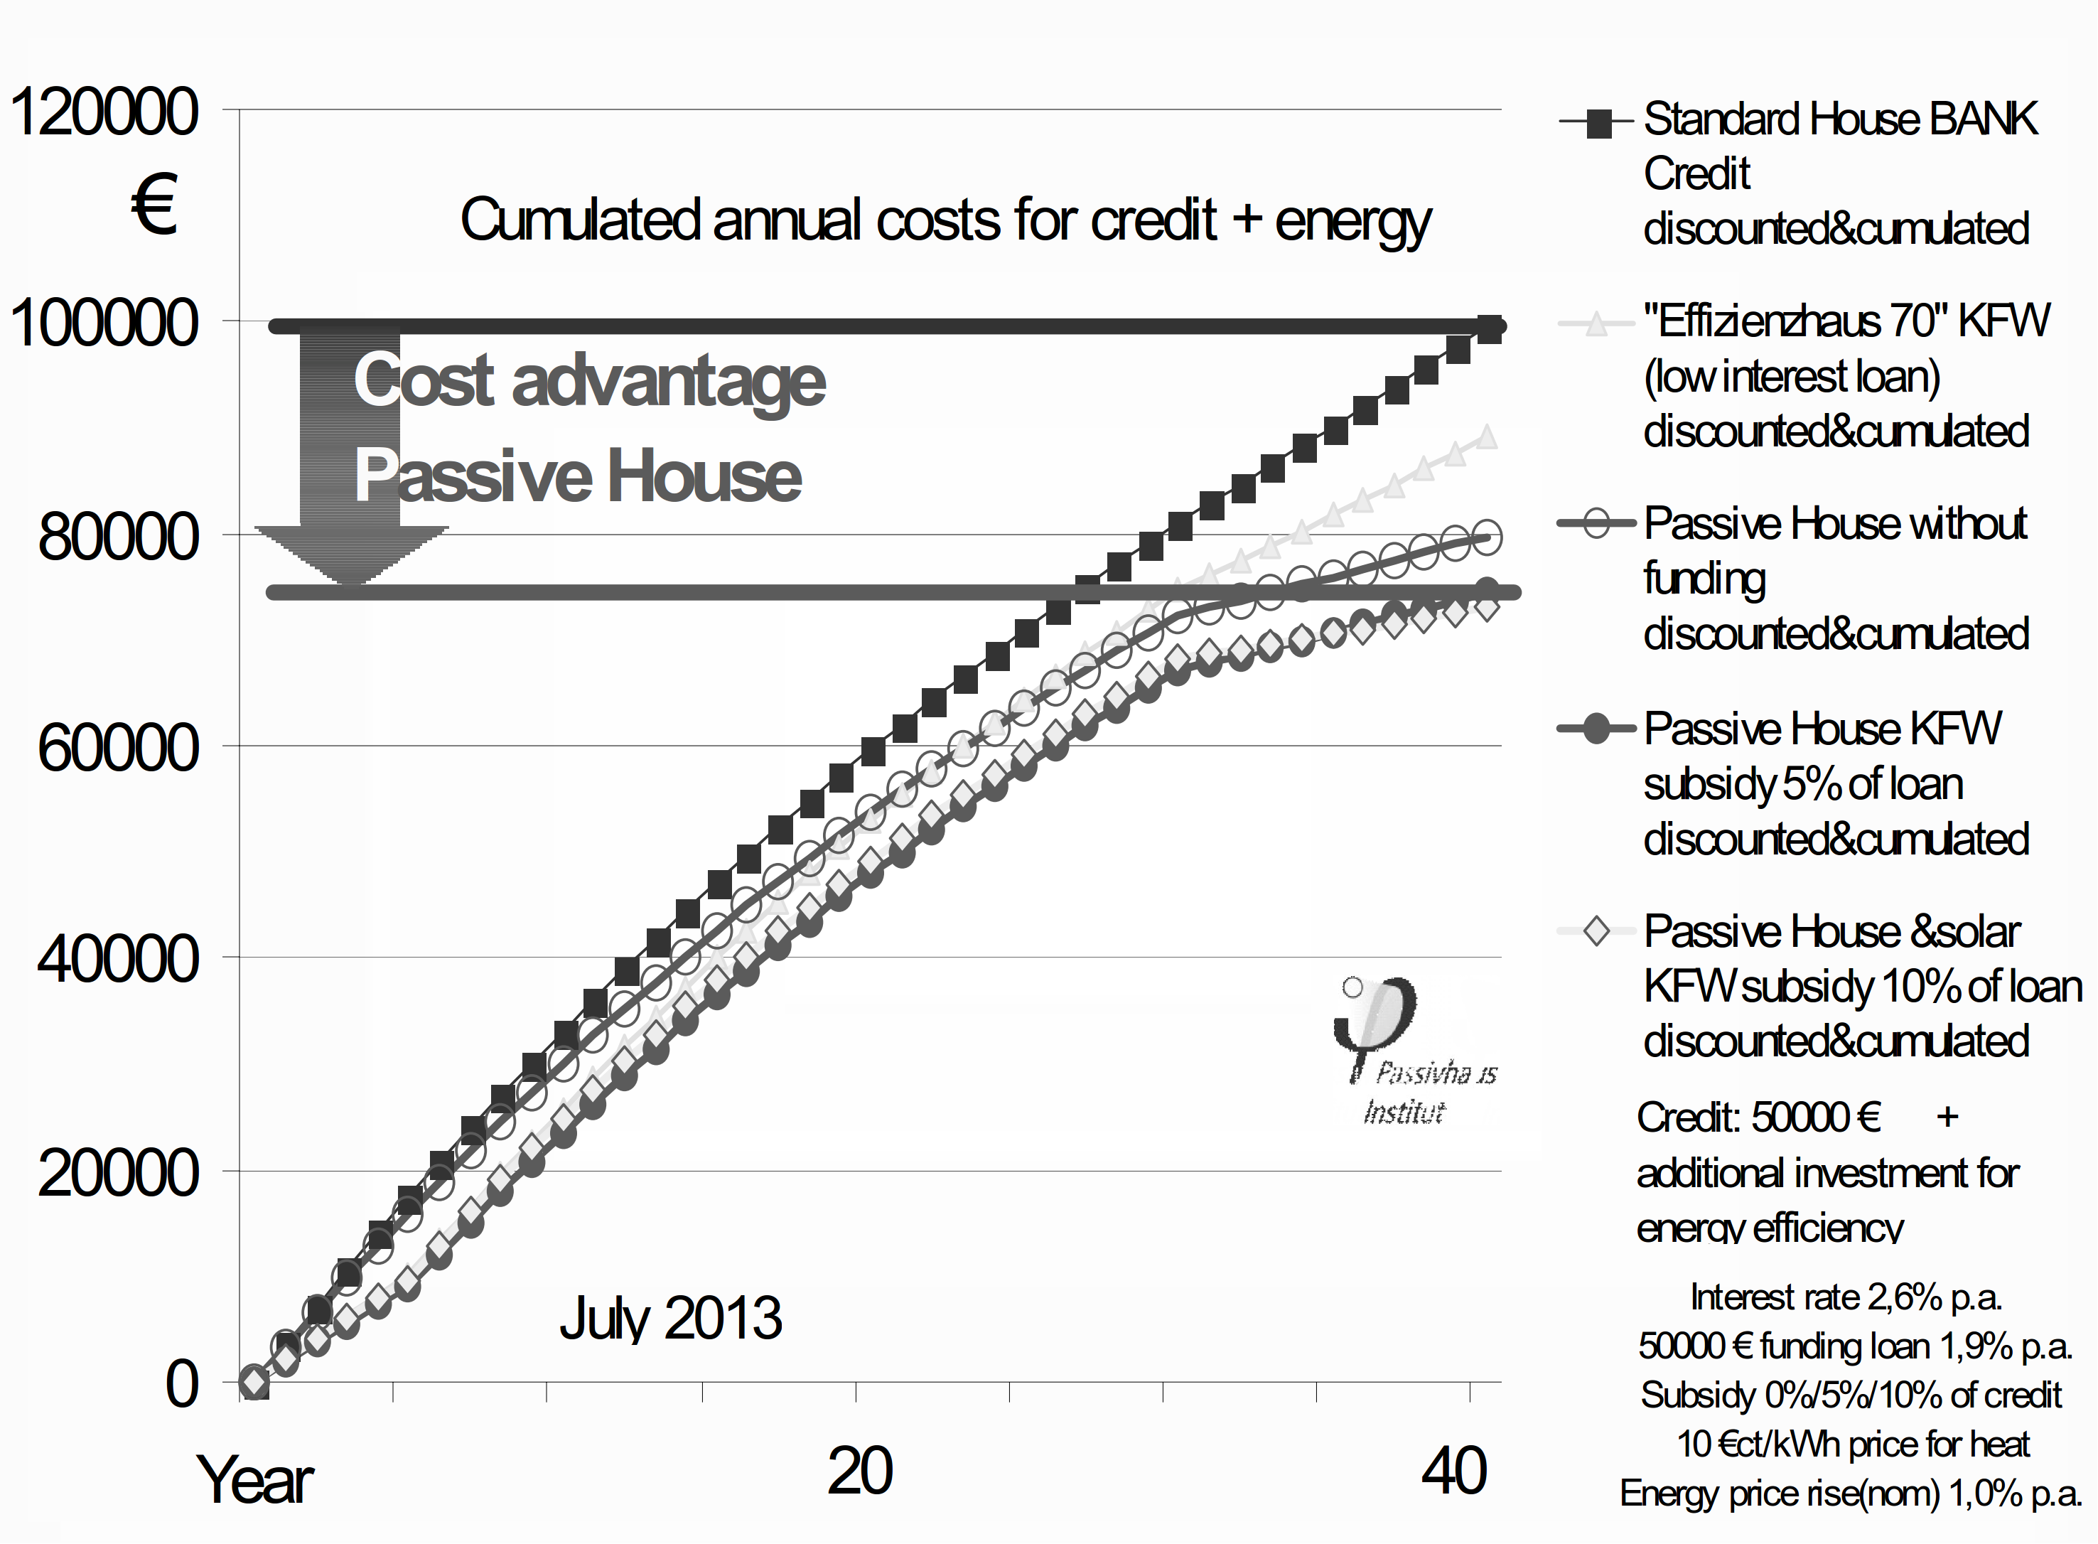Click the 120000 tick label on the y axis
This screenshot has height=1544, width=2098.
pyautogui.click(x=104, y=112)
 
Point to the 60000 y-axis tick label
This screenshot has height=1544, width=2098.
pyautogui.click(x=119, y=749)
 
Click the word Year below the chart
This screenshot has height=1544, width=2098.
pyautogui.click(x=254, y=1481)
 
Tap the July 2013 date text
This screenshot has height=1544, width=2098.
pyautogui.click(x=670, y=1318)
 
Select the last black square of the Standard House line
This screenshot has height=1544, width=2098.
pyautogui.click(x=1490, y=330)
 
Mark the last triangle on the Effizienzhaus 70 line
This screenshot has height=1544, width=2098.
pyautogui.click(x=1486, y=436)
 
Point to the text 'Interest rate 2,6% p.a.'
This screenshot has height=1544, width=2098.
pyautogui.click(x=1846, y=1297)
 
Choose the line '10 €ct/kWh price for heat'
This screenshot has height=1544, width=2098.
pyautogui.click(x=1852, y=1444)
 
